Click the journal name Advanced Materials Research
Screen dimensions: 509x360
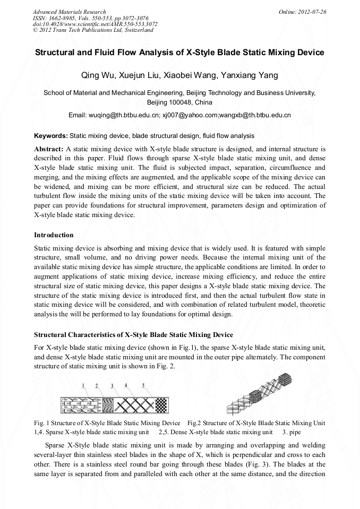pos(69,12)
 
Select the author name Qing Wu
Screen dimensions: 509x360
pos(95,75)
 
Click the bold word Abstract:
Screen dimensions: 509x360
pos(49,149)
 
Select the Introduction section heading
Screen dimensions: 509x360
pos(54,235)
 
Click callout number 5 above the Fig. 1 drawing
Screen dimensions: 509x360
pos(143,385)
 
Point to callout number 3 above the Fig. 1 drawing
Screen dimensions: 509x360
pos(112,385)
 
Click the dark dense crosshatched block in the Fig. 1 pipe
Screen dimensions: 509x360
pos(160,406)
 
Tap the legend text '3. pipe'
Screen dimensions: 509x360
pos(291,432)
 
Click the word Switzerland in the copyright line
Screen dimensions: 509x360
pos(138,30)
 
